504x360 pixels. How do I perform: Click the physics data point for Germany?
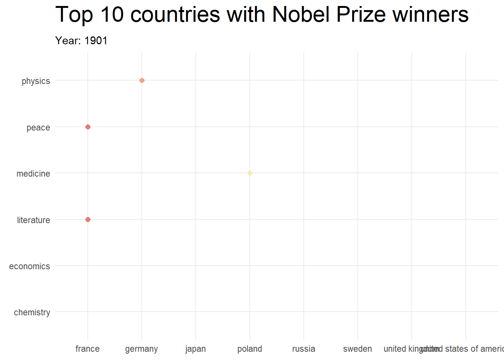pos(142,80)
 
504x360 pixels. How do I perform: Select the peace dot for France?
pos(88,127)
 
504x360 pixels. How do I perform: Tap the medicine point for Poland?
pos(250,173)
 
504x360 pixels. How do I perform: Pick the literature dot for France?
pos(88,219)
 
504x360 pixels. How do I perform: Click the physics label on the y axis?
pos(36,81)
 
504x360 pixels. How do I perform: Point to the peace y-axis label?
pos(38,127)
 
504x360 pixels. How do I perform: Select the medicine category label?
pos(33,174)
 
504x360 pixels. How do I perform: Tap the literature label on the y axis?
pos(33,220)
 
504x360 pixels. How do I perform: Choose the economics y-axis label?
pos(30,266)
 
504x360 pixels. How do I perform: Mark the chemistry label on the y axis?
pos(32,312)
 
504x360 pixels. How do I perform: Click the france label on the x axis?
pos(87,349)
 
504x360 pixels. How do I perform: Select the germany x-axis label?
pos(141,349)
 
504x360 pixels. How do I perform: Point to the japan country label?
pos(195,349)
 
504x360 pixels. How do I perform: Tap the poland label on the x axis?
pos(250,349)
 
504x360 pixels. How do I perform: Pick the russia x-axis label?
pos(304,349)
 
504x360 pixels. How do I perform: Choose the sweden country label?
pos(357,349)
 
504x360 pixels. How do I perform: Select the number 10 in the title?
pos(112,15)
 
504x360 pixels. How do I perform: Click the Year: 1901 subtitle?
pos(81,40)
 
